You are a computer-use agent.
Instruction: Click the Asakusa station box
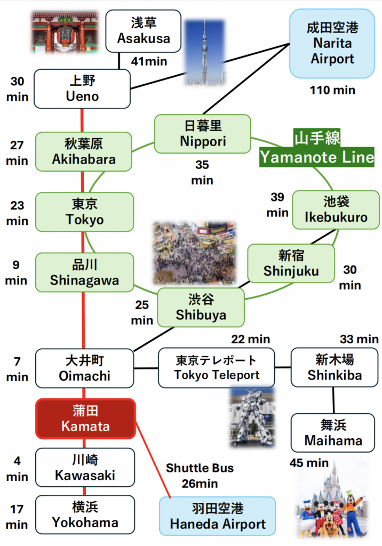click(143, 31)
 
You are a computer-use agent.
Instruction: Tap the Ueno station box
click(82, 89)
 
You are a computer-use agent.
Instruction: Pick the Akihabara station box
click(83, 151)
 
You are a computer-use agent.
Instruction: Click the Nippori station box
click(202, 133)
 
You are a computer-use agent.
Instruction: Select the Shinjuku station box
click(291, 263)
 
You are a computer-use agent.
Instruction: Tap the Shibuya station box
click(201, 307)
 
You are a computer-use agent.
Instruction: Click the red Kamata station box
click(85, 419)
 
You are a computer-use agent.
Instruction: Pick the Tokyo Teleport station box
click(216, 368)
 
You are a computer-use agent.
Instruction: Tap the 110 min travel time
click(332, 90)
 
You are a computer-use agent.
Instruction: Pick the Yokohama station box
click(85, 515)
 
